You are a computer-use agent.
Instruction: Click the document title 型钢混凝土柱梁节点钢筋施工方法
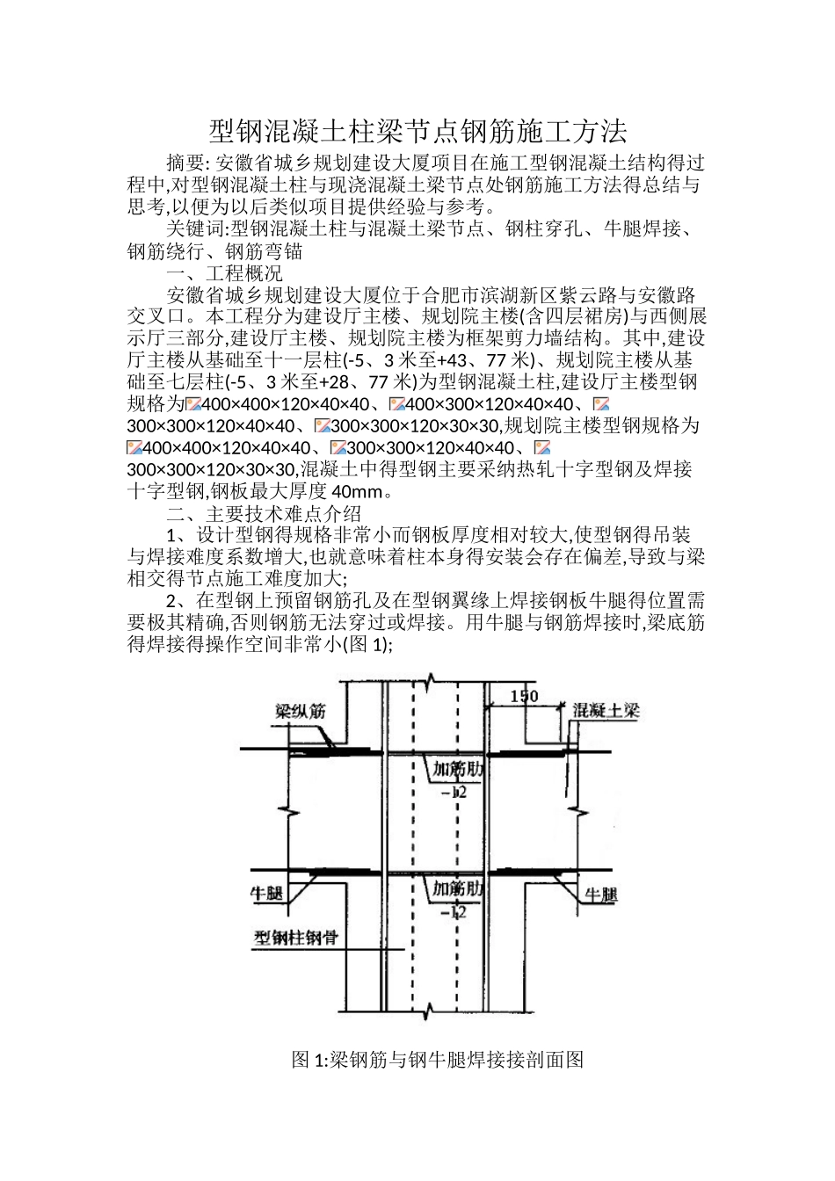(x=417, y=132)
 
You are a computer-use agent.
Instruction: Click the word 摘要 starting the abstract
(x=185, y=163)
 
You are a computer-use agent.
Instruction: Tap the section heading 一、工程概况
(x=224, y=273)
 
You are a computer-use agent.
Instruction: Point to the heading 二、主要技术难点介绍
(x=264, y=514)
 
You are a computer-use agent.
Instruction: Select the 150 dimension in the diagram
(x=524, y=697)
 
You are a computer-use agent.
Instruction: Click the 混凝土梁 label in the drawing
(x=606, y=711)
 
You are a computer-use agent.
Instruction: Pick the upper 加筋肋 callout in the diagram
(x=457, y=769)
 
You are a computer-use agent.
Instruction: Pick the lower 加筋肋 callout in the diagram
(x=457, y=889)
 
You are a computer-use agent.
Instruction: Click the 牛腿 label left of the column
(x=267, y=894)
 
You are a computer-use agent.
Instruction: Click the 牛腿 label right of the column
(x=601, y=895)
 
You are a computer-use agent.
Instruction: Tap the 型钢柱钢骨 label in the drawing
(x=296, y=938)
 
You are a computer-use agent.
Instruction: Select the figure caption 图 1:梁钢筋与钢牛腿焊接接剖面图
(x=437, y=1060)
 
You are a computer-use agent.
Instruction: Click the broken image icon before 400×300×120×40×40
(x=396, y=404)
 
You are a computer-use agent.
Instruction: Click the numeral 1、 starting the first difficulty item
(x=176, y=536)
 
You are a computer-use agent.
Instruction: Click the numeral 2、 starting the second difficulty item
(x=176, y=602)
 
